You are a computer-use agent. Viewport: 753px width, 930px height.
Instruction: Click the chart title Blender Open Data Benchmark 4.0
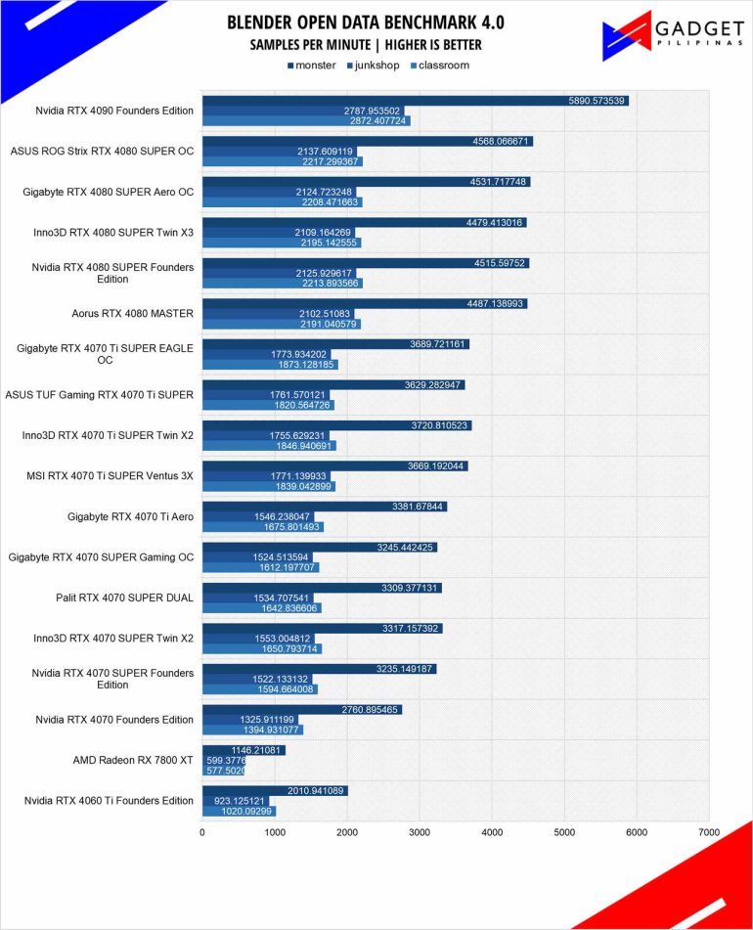(x=366, y=22)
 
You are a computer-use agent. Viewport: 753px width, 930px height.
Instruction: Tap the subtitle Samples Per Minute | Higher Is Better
(x=366, y=45)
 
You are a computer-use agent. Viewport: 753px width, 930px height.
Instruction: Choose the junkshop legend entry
(x=372, y=66)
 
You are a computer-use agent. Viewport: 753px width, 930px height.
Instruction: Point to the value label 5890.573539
(x=597, y=101)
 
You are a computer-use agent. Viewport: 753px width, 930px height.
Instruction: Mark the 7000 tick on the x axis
(x=708, y=832)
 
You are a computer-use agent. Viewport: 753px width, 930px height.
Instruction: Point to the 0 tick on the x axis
(x=202, y=832)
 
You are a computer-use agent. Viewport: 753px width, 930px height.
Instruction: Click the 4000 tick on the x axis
(x=492, y=832)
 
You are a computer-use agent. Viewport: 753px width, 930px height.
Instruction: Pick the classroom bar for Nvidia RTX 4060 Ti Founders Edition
(x=239, y=811)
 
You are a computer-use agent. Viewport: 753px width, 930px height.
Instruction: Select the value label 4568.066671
(x=501, y=141)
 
